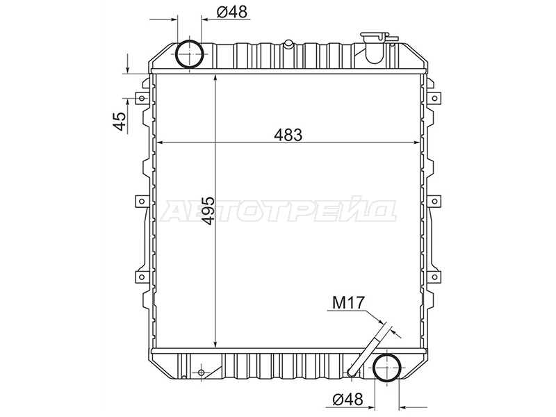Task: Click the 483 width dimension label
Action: [288, 135]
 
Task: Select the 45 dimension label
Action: [120, 121]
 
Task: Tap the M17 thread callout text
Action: [348, 302]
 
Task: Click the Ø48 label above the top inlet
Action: [231, 12]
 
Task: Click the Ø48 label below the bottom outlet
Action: [348, 400]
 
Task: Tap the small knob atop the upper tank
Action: [288, 44]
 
